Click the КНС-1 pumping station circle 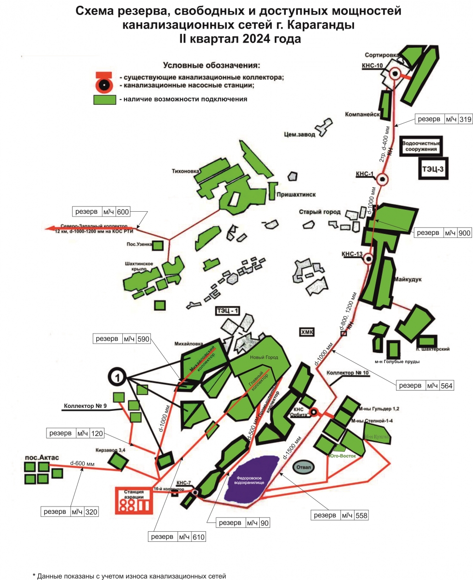pos(383,179)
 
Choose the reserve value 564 pos(446,385)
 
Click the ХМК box pos(307,332)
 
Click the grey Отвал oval pos(303,467)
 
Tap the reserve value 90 pos(264,523)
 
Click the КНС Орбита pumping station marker pos(313,412)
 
